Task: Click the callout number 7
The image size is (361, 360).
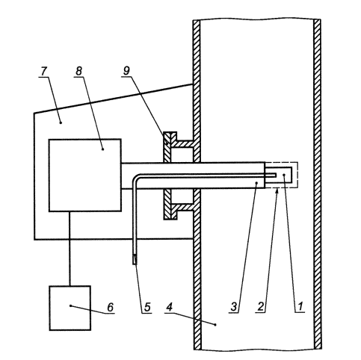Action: [x=43, y=72]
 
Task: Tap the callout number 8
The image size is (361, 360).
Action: [x=78, y=72]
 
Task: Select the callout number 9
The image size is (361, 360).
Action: [x=126, y=71]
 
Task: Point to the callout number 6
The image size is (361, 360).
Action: [x=110, y=307]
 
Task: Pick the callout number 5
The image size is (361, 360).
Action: [x=147, y=307]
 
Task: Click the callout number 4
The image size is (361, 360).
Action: [x=169, y=307]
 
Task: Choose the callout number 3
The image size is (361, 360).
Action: [x=234, y=307]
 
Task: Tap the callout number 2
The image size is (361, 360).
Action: [x=260, y=307]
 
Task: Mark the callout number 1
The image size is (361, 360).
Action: [x=300, y=307]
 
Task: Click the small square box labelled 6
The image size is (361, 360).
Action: [x=70, y=308]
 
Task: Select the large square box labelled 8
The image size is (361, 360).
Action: [x=85, y=176]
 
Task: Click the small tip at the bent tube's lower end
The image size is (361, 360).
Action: [x=135, y=259]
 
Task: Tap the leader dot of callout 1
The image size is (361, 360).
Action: [x=284, y=176]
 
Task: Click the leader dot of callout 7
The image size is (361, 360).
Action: [x=61, y=122]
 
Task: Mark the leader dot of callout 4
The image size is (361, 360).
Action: [x=215, y=325]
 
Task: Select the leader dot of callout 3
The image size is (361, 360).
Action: [x=256, y=183]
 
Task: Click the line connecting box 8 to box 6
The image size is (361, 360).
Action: [x=70, y=249]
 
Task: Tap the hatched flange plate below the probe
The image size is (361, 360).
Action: [x=170, y=204]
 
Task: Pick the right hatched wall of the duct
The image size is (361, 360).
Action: [x=317, y=184]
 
